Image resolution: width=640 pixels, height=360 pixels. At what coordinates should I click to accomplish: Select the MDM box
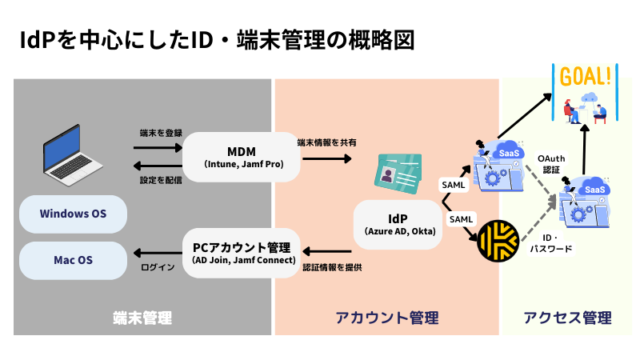pyautogui.click(x=242, y=157)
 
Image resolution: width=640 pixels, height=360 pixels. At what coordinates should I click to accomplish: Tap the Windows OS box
pyautogui.click(x=73, y=214)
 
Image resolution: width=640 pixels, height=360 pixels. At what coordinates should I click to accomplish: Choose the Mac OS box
pyautogui.click(x=73, y=260)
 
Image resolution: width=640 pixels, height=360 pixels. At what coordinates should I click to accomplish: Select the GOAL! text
pyautogui.click(x=587, y=78)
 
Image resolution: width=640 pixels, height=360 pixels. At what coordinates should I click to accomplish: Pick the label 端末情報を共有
pyautogui.click(x=326, y=142)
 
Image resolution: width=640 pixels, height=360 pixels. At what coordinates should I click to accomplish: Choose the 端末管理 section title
pyautogui.click(x=142, y=318)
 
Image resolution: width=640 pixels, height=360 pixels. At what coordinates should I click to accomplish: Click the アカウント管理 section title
pyautogui.click(x=386, y=318)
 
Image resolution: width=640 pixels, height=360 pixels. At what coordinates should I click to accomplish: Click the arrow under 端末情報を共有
pyautogui.click(x=326, y=158)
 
